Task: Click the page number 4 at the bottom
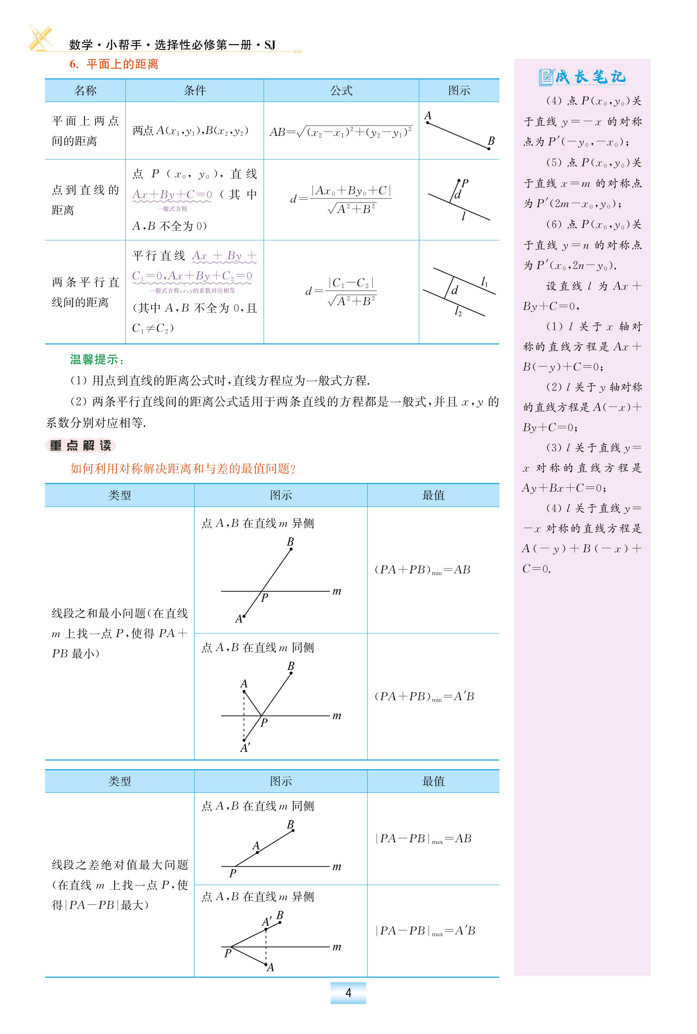348,993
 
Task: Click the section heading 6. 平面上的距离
114,64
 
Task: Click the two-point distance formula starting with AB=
341,132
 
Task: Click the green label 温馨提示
97,359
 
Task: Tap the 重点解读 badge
80,446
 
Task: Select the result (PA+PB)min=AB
422,570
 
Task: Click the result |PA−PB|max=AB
423,839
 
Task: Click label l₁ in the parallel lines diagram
484,282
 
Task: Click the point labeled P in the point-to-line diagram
459,181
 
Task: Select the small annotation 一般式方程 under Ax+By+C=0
172,209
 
